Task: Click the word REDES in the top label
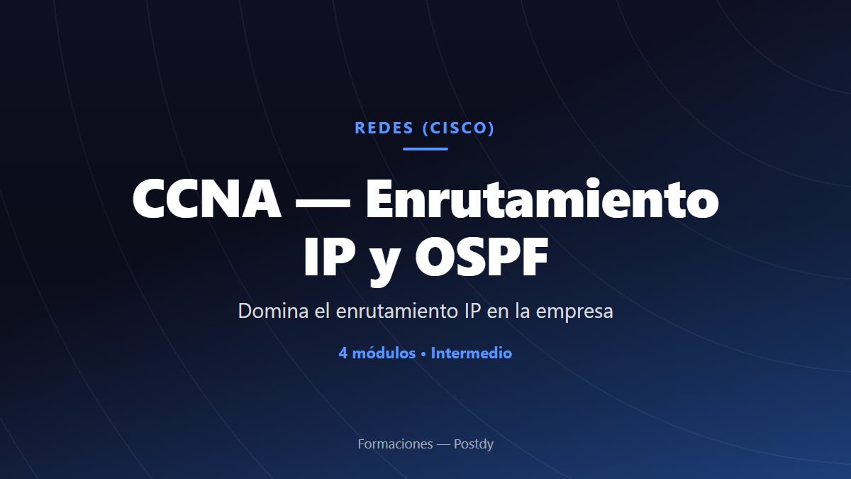click(x=384, y=128)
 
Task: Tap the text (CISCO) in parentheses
click(x=459, y=128)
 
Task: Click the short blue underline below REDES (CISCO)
click(x=425, y=149)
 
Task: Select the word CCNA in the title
click(x=207, y=199)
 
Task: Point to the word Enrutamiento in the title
click(x=542, y=198)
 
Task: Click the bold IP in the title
click(x=329, y=256)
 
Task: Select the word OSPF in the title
click(x=482, y=256)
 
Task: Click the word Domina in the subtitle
click(x=273, y=311)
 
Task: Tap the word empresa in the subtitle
click(x=574, y=312)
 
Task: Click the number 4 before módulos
click(x=343, y=353)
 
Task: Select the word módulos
click(x=384, y=353)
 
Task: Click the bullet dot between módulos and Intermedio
click(x=423, y=354)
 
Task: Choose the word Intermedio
click(x=472, y=353)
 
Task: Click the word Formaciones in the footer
click(x=395, y=444)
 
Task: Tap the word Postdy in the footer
click(x=474, y=444)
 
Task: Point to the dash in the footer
click(x=443, y=444)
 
